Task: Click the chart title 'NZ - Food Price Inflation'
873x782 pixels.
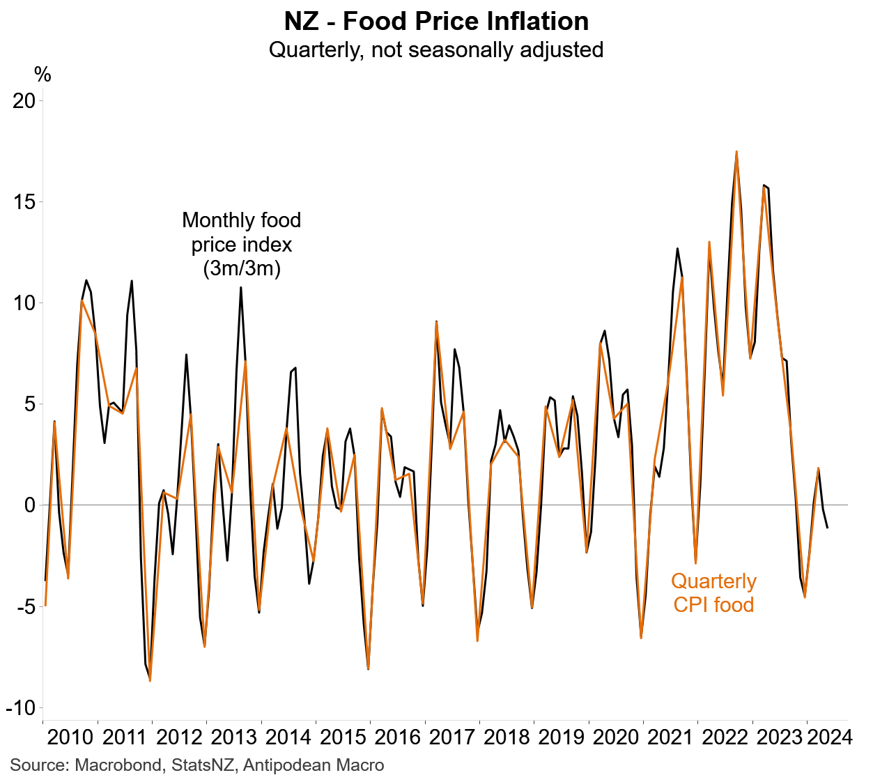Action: tap(436, 22)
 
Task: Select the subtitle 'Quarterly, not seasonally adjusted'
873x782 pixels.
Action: tap(436, 50)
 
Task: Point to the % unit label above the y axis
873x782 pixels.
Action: tap(43, 75)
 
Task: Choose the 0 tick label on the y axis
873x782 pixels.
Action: tap(29, 505)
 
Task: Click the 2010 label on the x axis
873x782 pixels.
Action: tap(70, 737)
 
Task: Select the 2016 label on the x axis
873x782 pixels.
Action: tap(398, 737)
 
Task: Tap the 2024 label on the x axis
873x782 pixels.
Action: tap(829, 737)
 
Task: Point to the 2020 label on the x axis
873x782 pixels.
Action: tap(616, 737)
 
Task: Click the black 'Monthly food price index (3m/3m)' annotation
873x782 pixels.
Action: tap(242, 244)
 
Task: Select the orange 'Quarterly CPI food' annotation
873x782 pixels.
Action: tap(713, 592)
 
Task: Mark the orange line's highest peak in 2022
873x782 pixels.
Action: tap(736, 151)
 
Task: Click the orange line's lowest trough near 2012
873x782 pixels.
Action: tap(150, 681)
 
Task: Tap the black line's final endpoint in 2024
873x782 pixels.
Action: tap(827, 528)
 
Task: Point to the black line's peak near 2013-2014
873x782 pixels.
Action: tap(241, 287)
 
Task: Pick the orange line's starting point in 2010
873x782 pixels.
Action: tap(45, 605)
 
